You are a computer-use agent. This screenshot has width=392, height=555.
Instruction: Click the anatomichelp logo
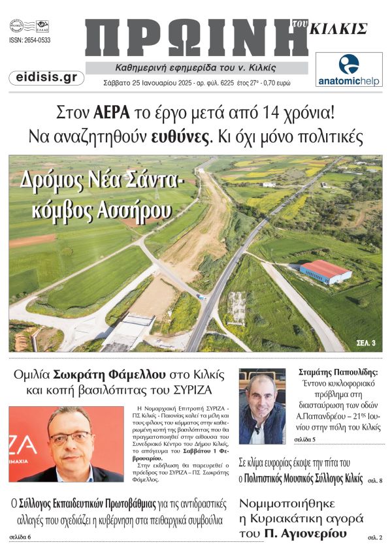click(x=349, y=69)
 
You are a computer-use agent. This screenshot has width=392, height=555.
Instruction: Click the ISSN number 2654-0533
click(x=30, y=40)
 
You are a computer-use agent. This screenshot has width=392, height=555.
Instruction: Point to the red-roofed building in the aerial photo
click(x=325, y=271)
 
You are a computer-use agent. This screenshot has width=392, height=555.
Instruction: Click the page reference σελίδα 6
click(x=20, y=537)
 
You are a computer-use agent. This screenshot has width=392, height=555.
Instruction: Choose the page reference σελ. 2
click(x=375, y=537)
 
